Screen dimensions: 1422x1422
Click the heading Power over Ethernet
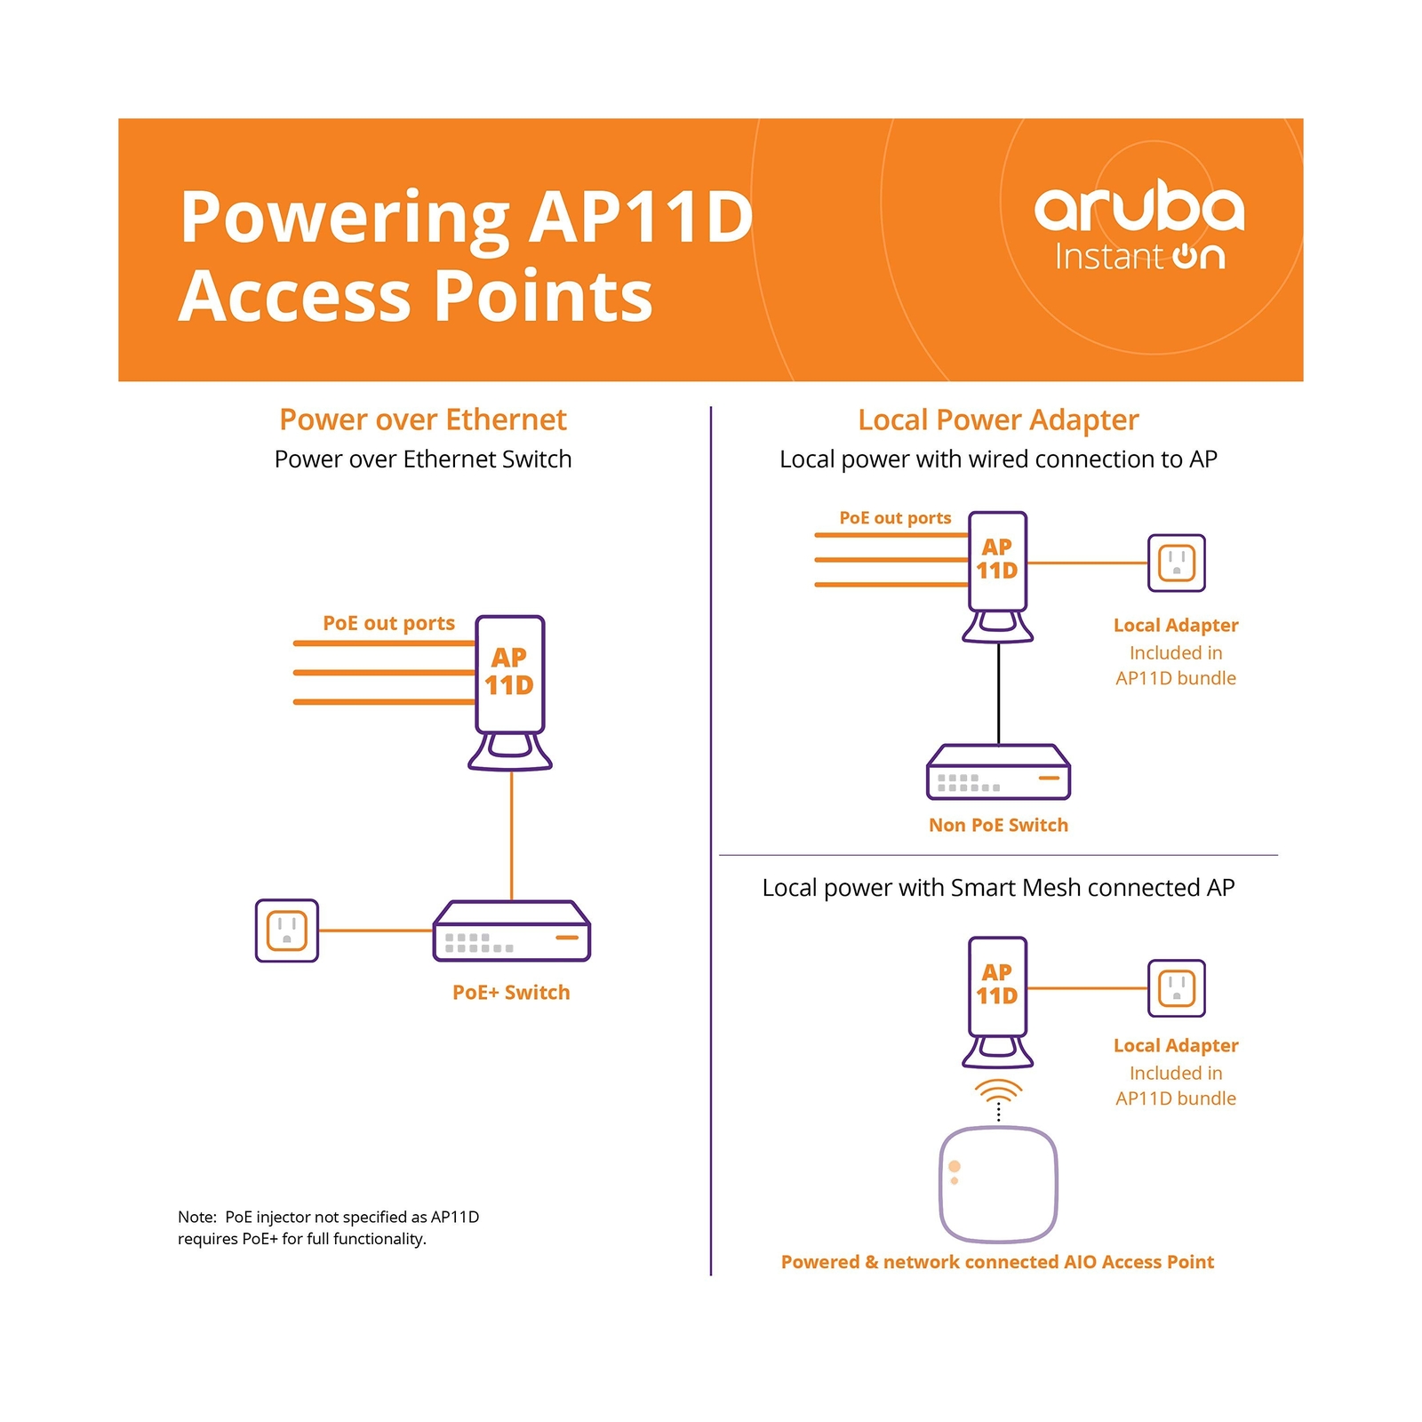(422, 419)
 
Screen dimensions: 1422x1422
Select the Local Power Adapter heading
(997, 419)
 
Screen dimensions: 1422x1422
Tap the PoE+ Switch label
(511, 992)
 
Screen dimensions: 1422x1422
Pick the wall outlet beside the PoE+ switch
(286, 931)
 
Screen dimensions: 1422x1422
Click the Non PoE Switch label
(998, 825)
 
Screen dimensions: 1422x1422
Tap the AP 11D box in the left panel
(509, 673)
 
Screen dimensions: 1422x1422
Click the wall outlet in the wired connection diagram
(1176, 563)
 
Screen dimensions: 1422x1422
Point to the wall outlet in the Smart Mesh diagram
(1176, 987)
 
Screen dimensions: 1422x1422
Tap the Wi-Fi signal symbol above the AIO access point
(998, 1090)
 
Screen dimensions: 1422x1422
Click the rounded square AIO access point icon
(998, 1184)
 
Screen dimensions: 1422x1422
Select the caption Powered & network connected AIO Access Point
(997, 1262)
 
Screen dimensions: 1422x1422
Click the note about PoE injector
(328, 1227)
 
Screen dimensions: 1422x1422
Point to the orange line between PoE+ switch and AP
(511, 835)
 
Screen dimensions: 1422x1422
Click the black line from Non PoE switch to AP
(998, 693)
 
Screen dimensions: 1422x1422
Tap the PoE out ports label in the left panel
(388, 623)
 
